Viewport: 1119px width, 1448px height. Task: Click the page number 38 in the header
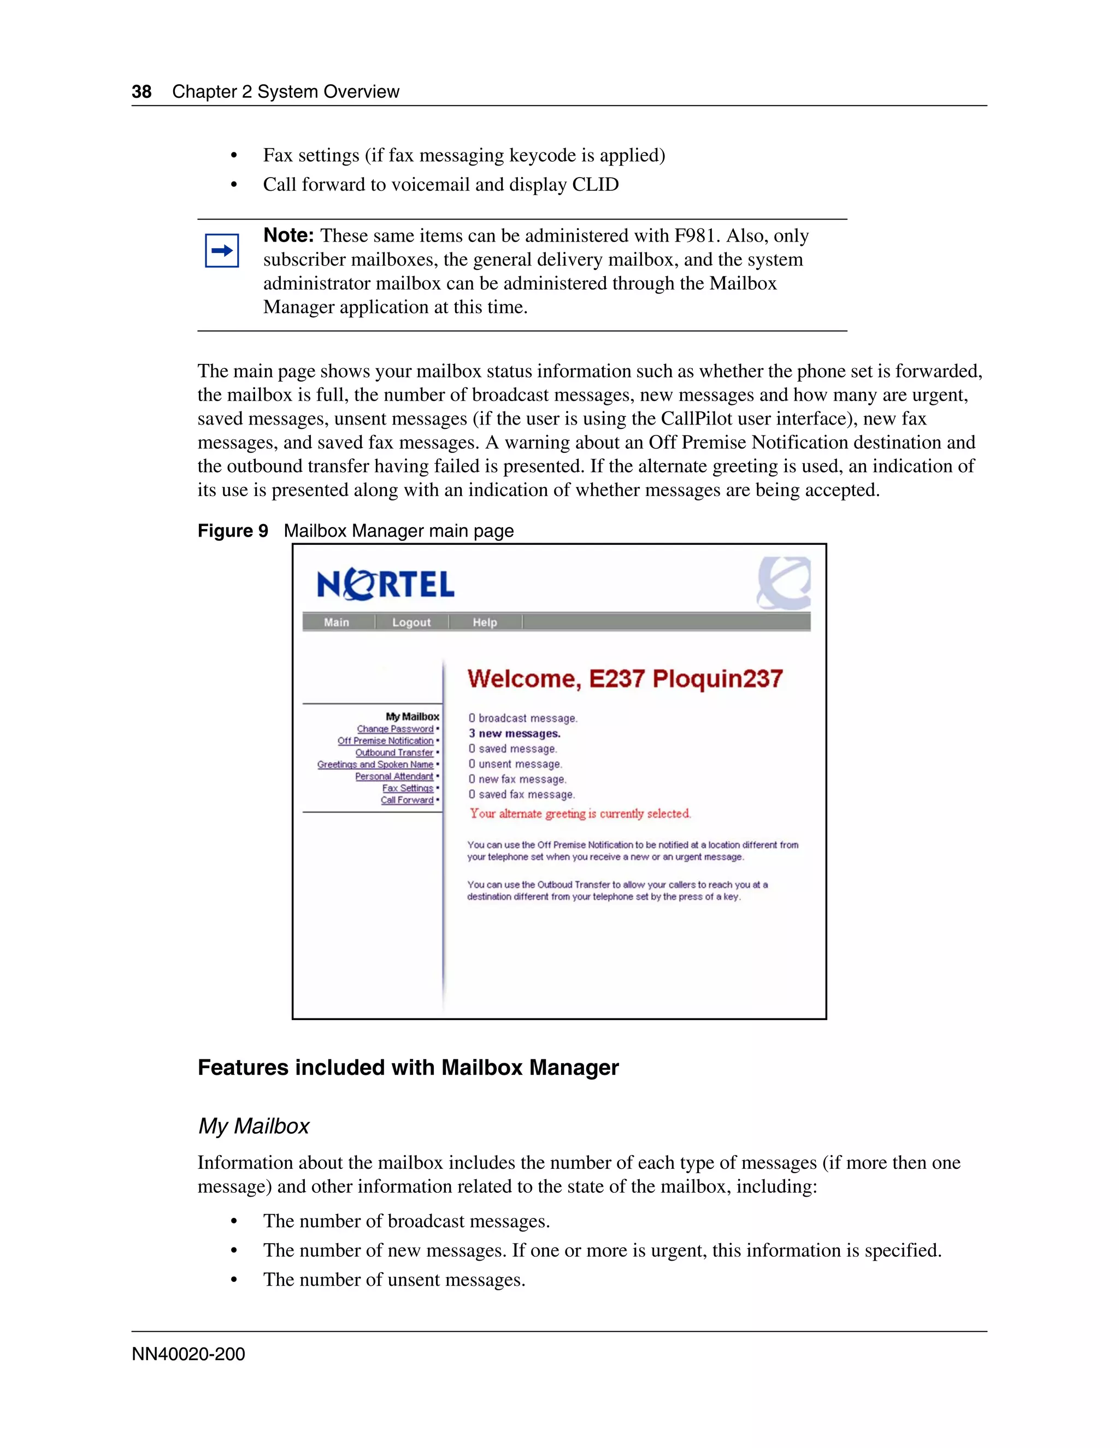(141, 91)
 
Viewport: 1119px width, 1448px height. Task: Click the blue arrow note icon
(222, 251)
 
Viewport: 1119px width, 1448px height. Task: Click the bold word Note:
(288, 236)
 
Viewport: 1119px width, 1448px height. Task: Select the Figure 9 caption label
(233, 531)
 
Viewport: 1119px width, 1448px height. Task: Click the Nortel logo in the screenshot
(386, 585)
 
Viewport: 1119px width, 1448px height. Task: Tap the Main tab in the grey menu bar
(337, 622)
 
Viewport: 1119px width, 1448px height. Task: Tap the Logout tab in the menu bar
(411, 622)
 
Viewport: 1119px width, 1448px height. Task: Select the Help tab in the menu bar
(485, 622)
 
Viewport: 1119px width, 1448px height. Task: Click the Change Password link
(395, 728)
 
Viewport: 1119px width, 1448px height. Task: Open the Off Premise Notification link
(385, 740)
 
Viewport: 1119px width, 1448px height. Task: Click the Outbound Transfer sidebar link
(394, 752)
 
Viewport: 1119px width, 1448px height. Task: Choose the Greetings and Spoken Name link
(375, 764)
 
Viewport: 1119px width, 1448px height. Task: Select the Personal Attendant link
(394, 776)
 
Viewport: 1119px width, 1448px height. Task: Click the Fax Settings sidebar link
(408, 788)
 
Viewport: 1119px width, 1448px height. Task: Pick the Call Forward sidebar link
(407, 800)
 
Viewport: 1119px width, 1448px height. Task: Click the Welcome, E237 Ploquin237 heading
(625, 678)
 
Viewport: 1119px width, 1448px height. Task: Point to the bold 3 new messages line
(514, 733)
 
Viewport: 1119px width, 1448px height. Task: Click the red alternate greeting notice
(580, 814)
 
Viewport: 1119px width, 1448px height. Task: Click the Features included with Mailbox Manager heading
(408, 1068)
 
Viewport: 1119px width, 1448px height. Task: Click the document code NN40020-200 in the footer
(189, 1354)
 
